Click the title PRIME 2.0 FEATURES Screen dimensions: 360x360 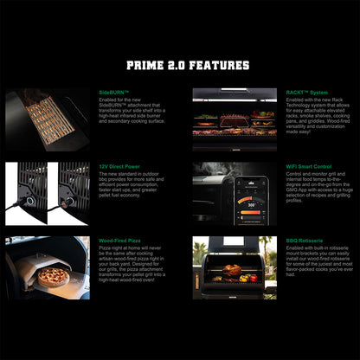pos(188,65)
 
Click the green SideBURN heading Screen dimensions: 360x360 pos(114,92)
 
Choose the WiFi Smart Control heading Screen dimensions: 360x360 pos(308,165)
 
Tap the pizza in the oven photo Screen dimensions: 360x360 pos(54,276)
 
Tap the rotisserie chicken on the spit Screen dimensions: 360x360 pos(232,269)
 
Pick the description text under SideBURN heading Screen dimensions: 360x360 pos(130,112)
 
